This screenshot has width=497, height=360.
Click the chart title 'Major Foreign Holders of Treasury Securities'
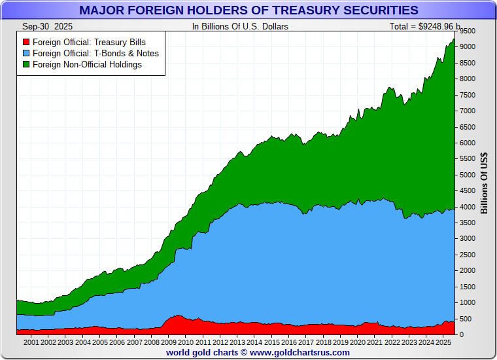click(248, 10)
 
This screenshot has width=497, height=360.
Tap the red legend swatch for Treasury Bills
click(26, 42)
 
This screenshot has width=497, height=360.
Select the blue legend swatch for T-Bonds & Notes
click(26, 53)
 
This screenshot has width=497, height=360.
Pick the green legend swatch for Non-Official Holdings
click(26, 64)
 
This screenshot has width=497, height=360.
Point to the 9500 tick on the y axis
click(467, 31)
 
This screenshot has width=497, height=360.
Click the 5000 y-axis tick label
click(467, 175)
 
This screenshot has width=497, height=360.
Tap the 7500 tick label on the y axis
click(467, 95)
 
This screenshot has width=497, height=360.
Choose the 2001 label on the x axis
click(31, 342)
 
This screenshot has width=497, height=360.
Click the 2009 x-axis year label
click(168, 342)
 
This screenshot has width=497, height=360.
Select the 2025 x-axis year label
click(443, 342)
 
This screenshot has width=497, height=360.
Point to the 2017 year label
click(305, 342)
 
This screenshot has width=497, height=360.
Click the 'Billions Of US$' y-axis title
click(485, 183)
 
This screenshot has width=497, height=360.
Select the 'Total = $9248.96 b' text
click(425, 26)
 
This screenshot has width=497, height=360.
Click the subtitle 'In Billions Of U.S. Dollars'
click(240, 26)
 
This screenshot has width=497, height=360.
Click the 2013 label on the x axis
click(237, 342)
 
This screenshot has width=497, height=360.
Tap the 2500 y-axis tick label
click(467, 255)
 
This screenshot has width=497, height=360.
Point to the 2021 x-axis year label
click(374, 342)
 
